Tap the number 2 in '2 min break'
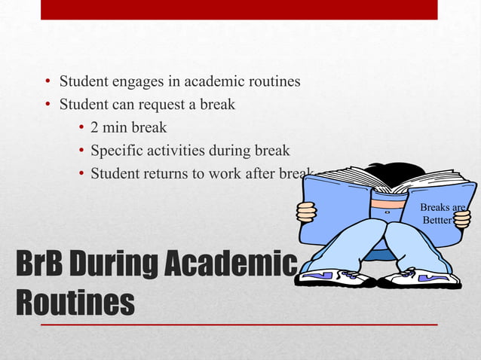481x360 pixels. tap(95, 127)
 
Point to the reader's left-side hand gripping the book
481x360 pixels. tap(306, 212)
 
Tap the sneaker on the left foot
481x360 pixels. tap(334, 278)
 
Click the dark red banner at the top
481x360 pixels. tap(239, 9)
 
